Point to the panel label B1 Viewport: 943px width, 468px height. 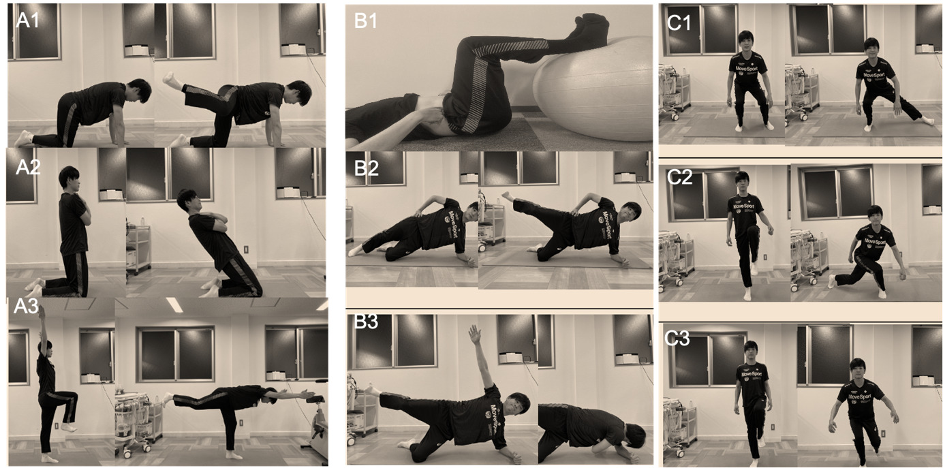tap(366, 20)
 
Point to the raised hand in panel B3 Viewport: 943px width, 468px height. tap(474, 333)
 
